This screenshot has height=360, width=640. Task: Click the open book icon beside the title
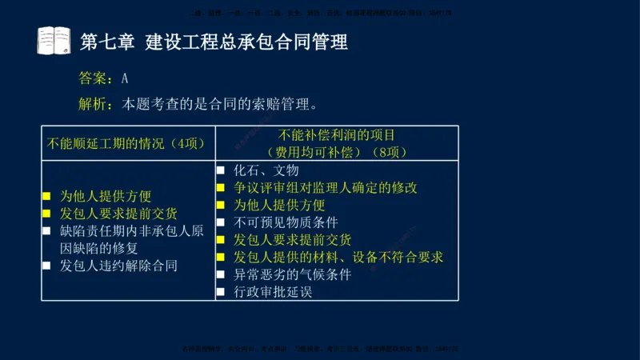tap(54, 40)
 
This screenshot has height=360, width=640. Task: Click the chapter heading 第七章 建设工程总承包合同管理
tap(214, 42)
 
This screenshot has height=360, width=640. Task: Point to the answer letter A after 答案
tap(125, 78)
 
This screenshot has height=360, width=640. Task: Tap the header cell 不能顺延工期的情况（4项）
tap(126, 144)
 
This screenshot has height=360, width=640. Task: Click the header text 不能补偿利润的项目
tap(337, 135)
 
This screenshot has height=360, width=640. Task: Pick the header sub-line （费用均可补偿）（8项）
tap(337, 151)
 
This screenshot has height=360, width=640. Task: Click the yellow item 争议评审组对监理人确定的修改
tap(325, 188)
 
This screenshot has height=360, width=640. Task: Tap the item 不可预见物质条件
tap(286, 222)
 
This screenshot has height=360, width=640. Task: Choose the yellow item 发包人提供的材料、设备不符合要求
tap(338, 257)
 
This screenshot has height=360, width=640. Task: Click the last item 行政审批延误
tap(272, 292)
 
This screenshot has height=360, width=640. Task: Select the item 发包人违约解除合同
tap(118, 265)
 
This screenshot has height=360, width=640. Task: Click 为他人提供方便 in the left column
tap(106, 196)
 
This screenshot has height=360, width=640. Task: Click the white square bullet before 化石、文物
tap(221, 170)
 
